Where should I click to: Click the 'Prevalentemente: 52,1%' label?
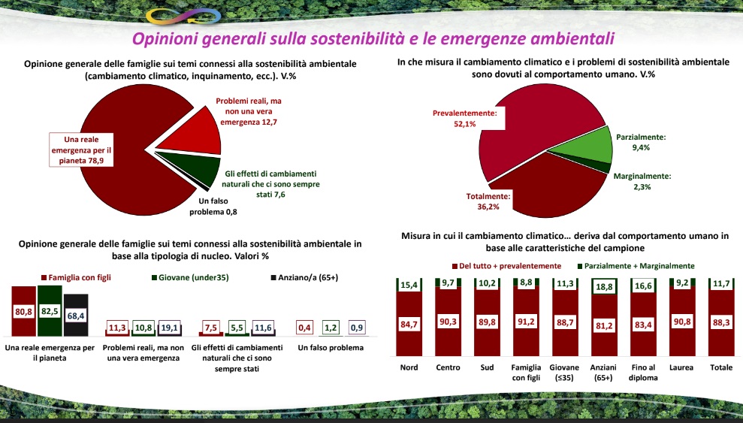(466, 118)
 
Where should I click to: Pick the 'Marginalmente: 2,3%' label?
(642, 181)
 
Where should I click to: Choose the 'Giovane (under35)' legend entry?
(191, 277)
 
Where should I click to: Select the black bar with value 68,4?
(77, 314)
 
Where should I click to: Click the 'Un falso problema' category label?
(331, 348)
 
